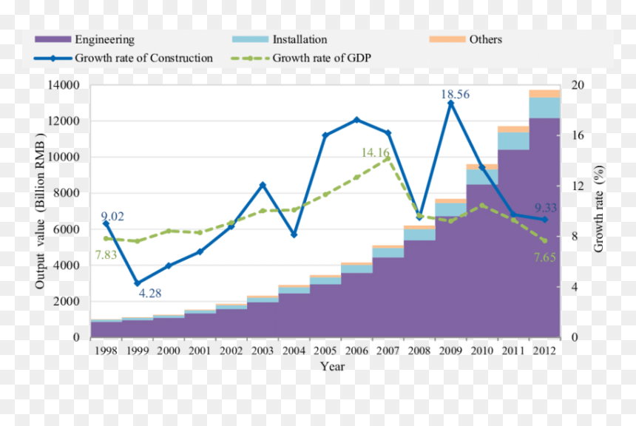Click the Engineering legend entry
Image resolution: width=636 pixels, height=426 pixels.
click(84, 39)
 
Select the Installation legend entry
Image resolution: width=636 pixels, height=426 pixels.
click(280, 39)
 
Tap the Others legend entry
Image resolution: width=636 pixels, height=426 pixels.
click(466, 39)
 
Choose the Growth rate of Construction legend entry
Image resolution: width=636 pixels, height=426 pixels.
click(124, 58)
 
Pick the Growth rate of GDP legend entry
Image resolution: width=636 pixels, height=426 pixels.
click(301, 58)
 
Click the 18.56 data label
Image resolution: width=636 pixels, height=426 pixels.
click(455, 94)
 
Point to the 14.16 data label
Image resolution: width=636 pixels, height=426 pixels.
click(375, 152)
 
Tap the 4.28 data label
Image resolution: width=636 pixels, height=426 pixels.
click(150, 293)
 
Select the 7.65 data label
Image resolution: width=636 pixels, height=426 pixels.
click(545, 257)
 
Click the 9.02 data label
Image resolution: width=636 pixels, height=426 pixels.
click(112, 216)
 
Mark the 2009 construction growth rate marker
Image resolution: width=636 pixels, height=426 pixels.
click(450, 103)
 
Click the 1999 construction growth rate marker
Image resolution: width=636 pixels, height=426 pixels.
click(138, 283)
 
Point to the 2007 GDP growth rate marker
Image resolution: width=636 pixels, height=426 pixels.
click(388, 158)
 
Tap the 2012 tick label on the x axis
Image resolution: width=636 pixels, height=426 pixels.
click(544, 351)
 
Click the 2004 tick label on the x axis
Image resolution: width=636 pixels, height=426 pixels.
click(294, 351)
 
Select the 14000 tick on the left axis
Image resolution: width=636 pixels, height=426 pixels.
click(64, 85)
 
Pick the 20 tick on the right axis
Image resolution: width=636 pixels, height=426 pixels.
click(578, 85)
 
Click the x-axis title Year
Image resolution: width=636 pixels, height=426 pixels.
click(332, 366)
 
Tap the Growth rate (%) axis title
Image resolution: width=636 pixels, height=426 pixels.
click(598, 209)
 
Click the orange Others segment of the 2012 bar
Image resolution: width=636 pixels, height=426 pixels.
click(544, 94)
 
